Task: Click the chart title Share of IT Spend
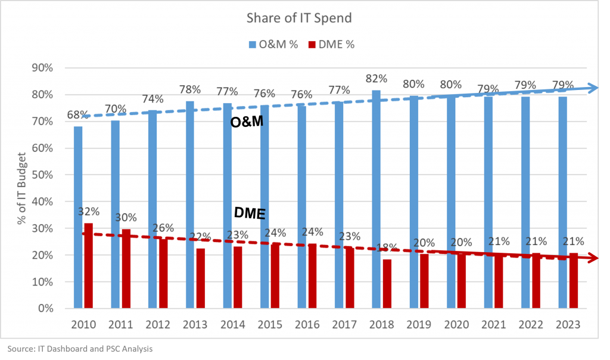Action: pyautogui.click(x=299, y=18)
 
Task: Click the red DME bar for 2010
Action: pyautogui.click(x=88, y=266)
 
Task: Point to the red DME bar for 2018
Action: pyautogui.click(x=387, y=284)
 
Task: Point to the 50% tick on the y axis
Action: pyautogui.click(x=42, y=175)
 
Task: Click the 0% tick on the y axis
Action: pyautogui.click(x=45, y=309)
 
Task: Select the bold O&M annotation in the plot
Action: pyautogui.click(x=247, y=122)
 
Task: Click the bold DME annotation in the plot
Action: pyautogui.click(x=249, y=213)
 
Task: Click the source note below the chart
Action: pyautogui.click(x=80, y=348)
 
